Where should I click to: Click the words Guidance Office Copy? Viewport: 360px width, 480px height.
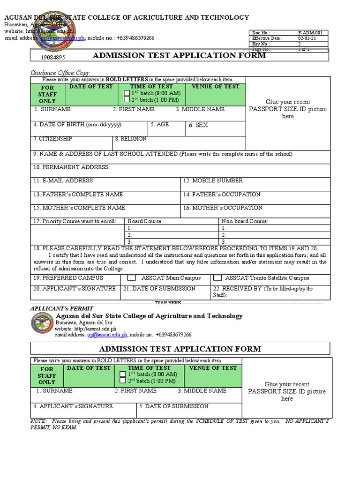tap(60, 73)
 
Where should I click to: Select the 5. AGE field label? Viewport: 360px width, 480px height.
tap(160, 125)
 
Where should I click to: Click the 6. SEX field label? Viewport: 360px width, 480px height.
tap(198, 126)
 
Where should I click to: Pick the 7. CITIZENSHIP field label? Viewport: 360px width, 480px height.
tap(52, 139)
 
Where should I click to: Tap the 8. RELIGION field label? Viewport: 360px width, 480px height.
tap(131, 139)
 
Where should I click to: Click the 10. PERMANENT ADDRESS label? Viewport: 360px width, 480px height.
tap(70, 167)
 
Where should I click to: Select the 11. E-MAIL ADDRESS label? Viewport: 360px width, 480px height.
tap(63, 181)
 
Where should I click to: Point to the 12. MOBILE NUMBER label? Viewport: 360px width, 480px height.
tap(213, 181)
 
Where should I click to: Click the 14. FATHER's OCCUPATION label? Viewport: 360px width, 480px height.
tap(222, 195)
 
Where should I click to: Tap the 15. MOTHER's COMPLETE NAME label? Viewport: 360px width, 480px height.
tap(79, 208)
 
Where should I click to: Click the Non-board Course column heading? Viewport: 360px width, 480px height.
tap(245, 221)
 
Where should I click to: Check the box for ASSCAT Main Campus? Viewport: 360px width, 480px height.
tap(132, 278)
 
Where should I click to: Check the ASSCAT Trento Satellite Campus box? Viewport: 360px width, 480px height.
tap(217, 278)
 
